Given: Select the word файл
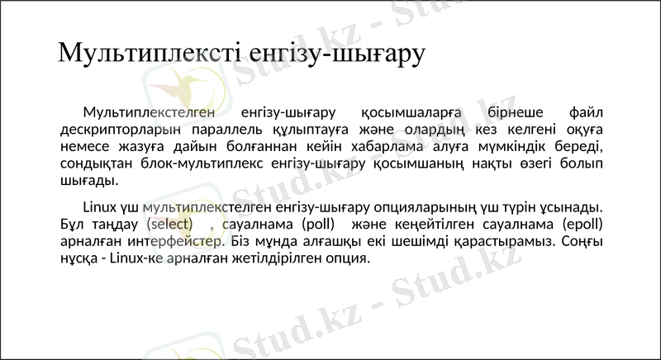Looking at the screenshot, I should [x=587, y=112].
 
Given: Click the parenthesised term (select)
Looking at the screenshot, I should [x=169, y=224].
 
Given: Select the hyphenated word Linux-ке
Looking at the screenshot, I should [x=136, y=258].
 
